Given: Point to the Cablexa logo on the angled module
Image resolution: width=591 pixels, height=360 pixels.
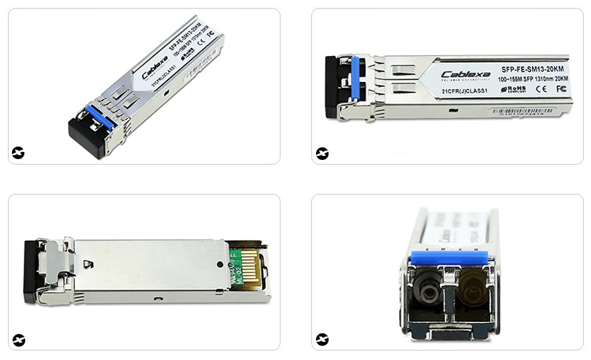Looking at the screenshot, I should (x=154, y=68).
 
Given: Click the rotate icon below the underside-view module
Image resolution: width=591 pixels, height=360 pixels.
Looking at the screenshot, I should (x=18, y=340).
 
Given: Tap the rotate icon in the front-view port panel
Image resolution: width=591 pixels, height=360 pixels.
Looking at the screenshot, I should (x=322, y=340).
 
